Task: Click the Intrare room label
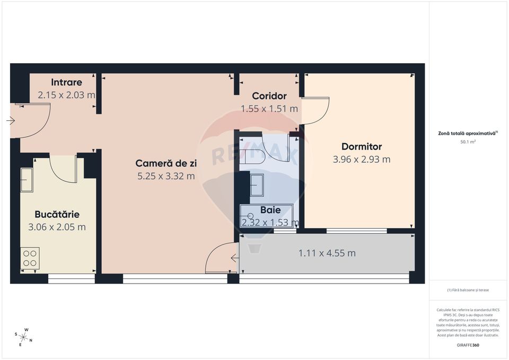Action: coord(66,82)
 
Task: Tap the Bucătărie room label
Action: coord(57,214)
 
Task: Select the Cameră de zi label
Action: coord(165,163)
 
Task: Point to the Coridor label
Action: coord(269,96)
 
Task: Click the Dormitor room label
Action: coord(361,147)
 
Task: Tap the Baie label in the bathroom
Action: coord(270,210)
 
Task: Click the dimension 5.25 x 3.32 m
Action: coord(165,176)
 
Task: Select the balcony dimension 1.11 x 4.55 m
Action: coord(327,253)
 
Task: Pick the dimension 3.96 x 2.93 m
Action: coord(361,159)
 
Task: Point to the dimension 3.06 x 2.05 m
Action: coord(57,227)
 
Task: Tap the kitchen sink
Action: coord(27,180)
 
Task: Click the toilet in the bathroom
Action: coord(257,156)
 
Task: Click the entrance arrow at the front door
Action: coord(11,121)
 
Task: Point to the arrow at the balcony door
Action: coord(234,258)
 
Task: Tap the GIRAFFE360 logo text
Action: coord(468,345)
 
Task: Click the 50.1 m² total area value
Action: coord(468,142)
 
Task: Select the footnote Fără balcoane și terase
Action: coord(468,290)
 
